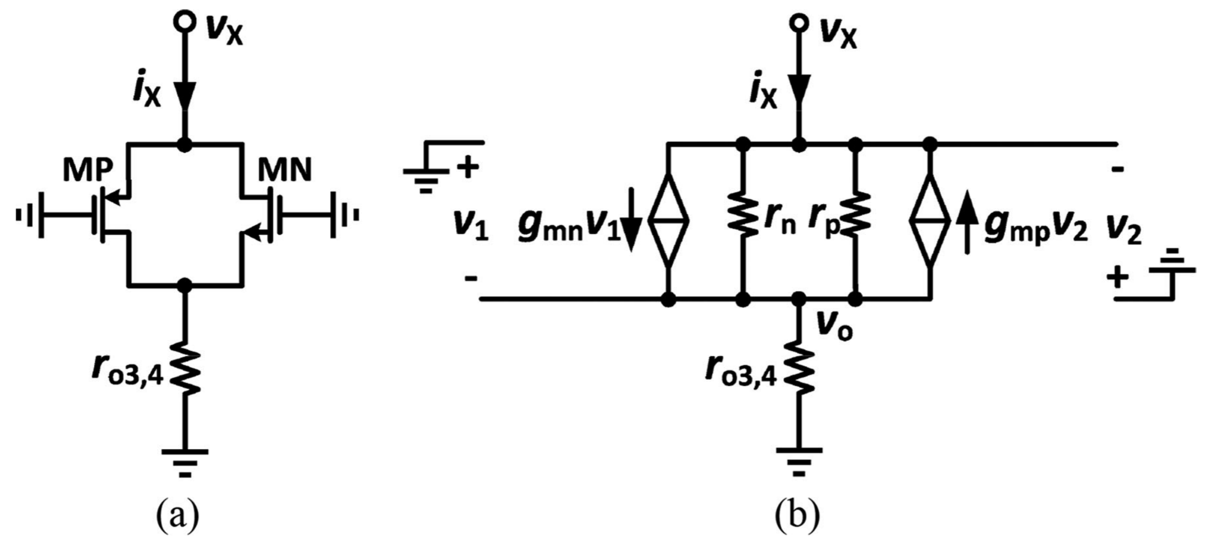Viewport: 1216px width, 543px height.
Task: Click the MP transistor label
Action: coord(88,171)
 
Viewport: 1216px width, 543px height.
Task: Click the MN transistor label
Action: coord(284,171)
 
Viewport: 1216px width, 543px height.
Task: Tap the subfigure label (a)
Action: coord(177,515)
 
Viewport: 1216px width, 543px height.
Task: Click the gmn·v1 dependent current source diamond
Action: coord(668,220)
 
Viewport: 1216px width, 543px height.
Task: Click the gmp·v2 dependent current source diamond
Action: coord(929,220)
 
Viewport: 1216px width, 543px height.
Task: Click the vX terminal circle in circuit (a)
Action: coord(184,22)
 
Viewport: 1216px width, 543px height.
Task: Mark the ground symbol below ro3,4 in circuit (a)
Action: coord(184,462)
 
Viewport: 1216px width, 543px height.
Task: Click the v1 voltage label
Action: coord(471,226)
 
